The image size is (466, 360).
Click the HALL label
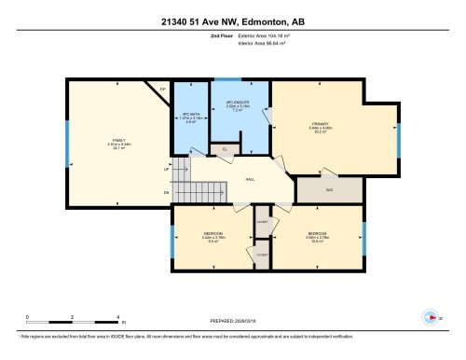point(250,179)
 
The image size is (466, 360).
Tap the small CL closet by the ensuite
point(224,149)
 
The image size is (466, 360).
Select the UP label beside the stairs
point(166,170)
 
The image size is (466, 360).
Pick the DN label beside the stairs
point(166,192)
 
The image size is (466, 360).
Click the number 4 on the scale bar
point(117,317)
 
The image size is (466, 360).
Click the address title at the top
point(233,21)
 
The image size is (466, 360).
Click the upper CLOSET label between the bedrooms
point(262,222)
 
